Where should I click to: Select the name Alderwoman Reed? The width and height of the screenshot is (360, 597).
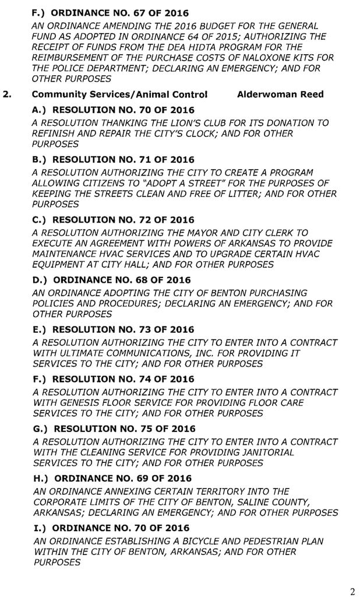click(x=280, y=94)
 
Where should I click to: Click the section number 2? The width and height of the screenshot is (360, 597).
click(x=8, y=94)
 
